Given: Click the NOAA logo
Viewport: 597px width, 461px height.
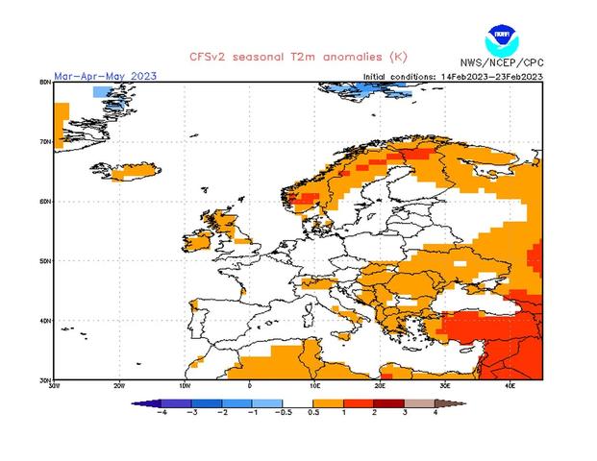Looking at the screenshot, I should pyautogui.click(x=501, y=41).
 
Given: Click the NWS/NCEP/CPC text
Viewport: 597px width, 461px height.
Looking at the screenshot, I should pyautogui.click(x=503, y=63).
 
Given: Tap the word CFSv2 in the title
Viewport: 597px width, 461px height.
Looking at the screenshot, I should pyautogui.click(x=207, y=57).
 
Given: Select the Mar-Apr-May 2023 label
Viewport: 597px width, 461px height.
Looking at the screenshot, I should pyautogui.click(x=105, y=75).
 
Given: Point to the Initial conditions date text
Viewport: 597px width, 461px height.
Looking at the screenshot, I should pyautogui.click(x=453, y=76).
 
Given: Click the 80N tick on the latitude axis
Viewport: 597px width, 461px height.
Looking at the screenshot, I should pyautogui.click(x=45, y=83).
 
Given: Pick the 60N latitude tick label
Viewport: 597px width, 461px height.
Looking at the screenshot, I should pyautogui.click(x=45, y=202).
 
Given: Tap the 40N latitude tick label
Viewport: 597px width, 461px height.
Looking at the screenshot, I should pyautogui.click(x=45, y=321).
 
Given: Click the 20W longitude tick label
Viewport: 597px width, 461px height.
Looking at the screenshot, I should pyautogui.click(x=119, y=386).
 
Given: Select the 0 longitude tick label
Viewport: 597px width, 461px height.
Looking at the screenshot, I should pyautogui.click(x=250, y=386).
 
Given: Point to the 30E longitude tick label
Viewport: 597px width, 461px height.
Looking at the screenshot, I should pyautogui.click(x=445, y=386).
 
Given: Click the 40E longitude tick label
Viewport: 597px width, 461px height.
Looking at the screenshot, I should pyautogui.click(x=510, y=386).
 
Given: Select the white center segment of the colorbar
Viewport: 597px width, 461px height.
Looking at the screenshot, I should pyautogui.click(x=299, y=403).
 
